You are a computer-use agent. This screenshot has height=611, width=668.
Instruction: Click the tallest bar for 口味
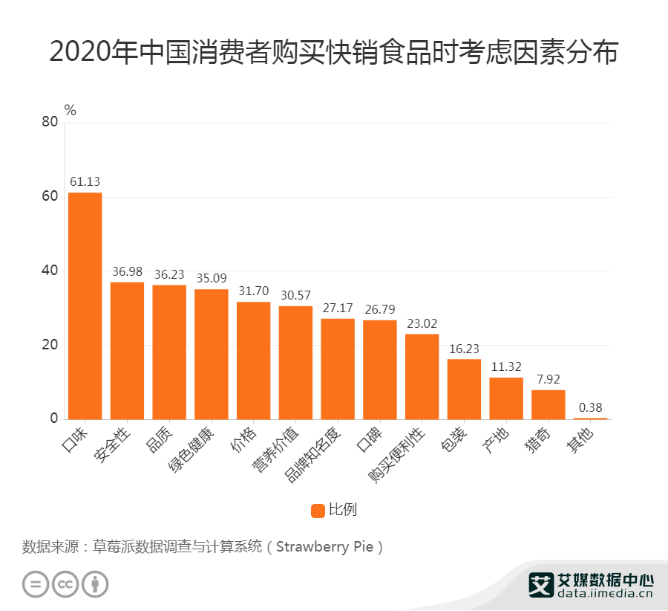[85, 305]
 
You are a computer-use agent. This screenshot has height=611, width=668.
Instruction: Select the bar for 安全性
[127, 350]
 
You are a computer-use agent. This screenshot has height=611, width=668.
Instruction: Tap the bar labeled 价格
[254, 361]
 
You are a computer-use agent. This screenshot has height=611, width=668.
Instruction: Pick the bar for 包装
[464, 389]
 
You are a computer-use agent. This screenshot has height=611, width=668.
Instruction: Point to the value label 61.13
[85, 181]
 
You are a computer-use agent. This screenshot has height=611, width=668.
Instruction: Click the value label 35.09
[212, 278]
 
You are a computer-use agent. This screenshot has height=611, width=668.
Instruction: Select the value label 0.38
[590, 407]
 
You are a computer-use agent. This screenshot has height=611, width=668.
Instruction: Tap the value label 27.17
[338, 307]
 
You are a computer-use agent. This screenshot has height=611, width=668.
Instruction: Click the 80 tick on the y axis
[49, 123]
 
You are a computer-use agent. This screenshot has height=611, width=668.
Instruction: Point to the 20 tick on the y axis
[49, 345]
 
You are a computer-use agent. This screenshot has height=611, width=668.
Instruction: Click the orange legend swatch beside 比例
[318, 510]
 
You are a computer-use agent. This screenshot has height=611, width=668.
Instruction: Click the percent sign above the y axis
[71, 110]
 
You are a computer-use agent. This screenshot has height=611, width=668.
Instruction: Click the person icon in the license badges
[95, 583]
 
